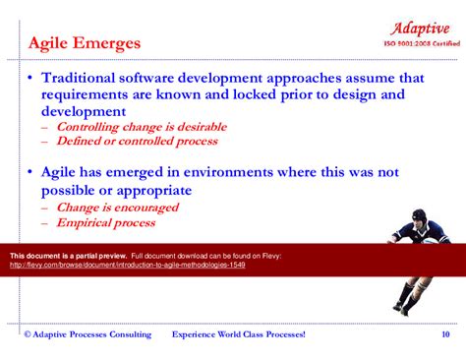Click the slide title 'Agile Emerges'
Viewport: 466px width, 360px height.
click(x=84, y=43)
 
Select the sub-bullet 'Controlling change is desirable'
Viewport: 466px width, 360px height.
click(x=142, y=127)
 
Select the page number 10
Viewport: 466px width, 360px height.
click(x=445, y=335)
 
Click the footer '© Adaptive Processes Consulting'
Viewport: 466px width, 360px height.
click(x=87, y=335)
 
